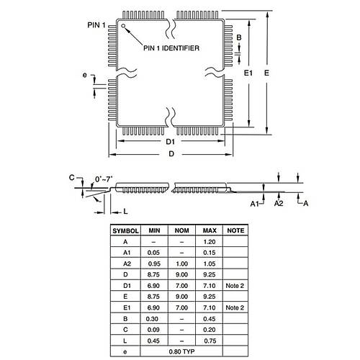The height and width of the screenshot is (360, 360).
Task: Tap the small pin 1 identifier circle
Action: pos(124,27)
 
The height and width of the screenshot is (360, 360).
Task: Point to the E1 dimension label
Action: pos(248,73)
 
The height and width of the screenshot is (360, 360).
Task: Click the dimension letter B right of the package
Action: pos(238,37)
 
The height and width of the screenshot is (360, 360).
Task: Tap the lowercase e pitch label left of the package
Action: pos(86,76)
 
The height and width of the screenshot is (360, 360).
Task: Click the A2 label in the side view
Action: pos(278,204)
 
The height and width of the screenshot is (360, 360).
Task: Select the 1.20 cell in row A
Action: pos(210,241)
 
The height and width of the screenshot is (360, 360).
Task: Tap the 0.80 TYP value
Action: pos(181,351)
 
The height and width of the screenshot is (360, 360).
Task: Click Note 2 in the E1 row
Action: pos(235,307)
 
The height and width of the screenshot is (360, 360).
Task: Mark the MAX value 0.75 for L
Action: pos(210,340)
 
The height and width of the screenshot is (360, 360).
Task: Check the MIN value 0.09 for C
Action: pos(154,329)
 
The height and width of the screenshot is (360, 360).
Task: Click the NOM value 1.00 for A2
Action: pos(181,264)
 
